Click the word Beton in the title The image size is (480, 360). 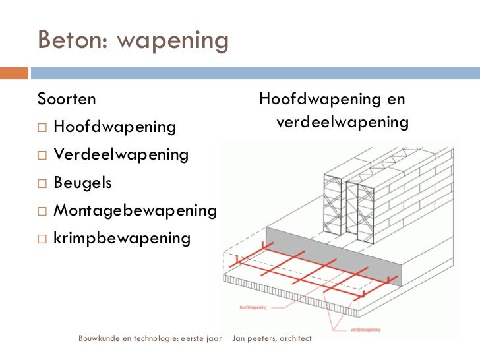73,39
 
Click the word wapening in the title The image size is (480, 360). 173,42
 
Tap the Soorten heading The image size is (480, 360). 67,99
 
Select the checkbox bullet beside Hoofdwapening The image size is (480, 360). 42,127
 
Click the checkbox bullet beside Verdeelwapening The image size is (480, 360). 42,155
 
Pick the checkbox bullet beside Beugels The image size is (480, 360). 42,183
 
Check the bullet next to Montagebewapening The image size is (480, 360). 42,211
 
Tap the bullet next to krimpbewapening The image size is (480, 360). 42,239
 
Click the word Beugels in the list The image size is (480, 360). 82,183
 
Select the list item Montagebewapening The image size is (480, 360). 135,211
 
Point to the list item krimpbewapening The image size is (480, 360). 122,239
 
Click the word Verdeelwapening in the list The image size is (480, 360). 121,154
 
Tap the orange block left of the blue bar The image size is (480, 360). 14,73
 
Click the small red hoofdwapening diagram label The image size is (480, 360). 253,307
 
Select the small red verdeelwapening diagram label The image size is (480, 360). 365,330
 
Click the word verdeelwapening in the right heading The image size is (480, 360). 343,122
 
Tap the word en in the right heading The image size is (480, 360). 396,100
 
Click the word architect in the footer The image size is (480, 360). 295,338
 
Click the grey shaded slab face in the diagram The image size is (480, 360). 334,256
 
